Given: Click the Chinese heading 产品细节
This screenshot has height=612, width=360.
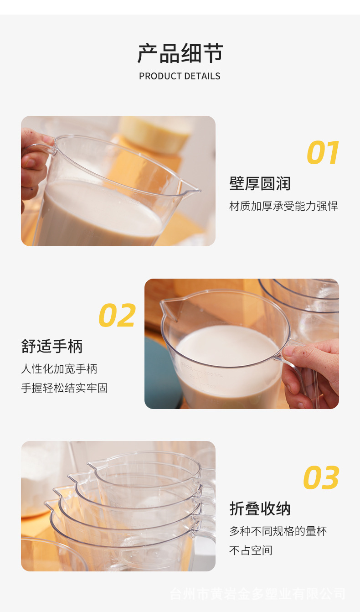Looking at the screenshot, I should pos(180,54).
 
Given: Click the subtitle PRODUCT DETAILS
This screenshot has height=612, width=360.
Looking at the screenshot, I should pos(180,76).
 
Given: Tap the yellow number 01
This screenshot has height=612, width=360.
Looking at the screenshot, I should pos(323,153).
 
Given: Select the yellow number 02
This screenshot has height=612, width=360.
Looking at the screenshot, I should pos(117,316).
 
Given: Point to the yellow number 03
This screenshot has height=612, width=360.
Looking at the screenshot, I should pos(321,478).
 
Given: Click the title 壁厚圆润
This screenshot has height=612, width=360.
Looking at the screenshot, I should pos(260,184).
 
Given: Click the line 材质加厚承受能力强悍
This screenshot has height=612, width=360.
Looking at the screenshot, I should pos(283,206).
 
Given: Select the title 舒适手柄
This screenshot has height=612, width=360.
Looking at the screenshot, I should pos(52,346).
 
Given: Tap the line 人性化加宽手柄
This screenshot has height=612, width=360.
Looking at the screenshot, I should pos(59,368).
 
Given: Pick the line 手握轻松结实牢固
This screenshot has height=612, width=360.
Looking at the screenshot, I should pos(64,388).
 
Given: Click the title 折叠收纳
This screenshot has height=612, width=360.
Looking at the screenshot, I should pos(260,509).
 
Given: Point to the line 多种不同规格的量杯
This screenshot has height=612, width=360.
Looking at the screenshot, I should pos(278,531).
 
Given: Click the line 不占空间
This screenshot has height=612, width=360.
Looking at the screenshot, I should pos(251,550).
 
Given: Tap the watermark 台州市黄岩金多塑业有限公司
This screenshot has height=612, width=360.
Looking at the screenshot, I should pos(257,594).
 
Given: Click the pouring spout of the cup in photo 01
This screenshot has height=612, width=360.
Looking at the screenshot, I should pos(191,188).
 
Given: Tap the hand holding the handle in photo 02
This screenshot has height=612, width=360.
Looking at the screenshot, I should pos(312,369).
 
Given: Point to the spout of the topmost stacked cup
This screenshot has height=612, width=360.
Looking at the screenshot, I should pos(93,465).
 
